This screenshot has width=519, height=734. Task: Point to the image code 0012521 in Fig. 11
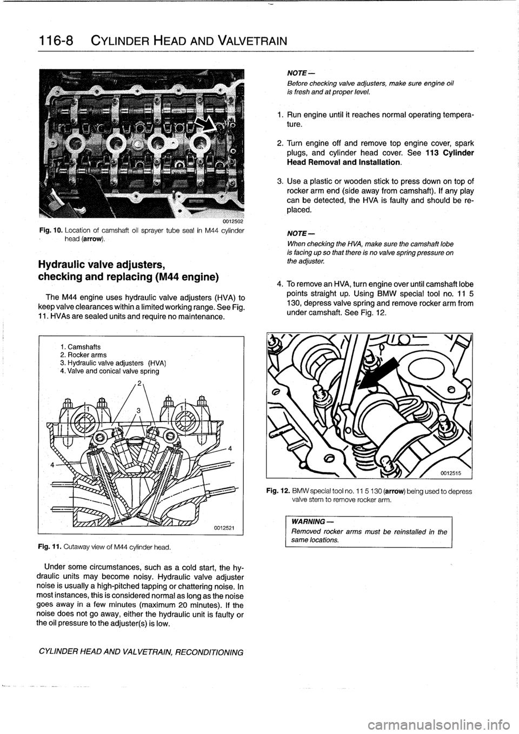click(x=223, y=526)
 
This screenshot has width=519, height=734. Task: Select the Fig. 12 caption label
click(x=278, y=492)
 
